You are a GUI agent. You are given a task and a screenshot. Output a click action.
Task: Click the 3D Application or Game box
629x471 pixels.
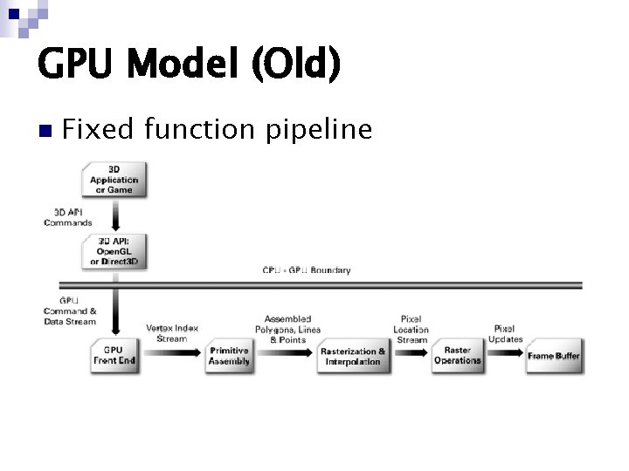114,179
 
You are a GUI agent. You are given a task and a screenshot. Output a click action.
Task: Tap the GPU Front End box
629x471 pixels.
114,356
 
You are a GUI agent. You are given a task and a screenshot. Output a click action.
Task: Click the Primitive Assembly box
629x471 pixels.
230,356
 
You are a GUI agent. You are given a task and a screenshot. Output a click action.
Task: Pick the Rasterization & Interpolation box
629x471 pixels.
353,356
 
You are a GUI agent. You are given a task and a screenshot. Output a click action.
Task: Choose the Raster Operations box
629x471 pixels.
457,356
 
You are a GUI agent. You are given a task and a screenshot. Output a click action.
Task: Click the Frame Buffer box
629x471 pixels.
554,356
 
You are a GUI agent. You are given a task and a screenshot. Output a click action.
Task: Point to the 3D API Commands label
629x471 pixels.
68,217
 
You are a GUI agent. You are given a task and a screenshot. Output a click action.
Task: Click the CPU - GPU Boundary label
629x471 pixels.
307,270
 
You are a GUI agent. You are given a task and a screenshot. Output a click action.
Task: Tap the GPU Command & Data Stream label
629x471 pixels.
70,311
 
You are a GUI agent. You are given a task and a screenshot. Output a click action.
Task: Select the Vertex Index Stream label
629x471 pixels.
171,333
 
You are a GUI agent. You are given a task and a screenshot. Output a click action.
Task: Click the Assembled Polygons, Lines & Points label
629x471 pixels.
287,330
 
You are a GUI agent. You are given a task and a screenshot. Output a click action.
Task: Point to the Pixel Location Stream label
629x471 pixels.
411,330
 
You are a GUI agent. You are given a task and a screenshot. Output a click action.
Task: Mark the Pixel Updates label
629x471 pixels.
506,334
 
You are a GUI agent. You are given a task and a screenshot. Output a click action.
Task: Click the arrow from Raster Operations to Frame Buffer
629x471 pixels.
504,356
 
